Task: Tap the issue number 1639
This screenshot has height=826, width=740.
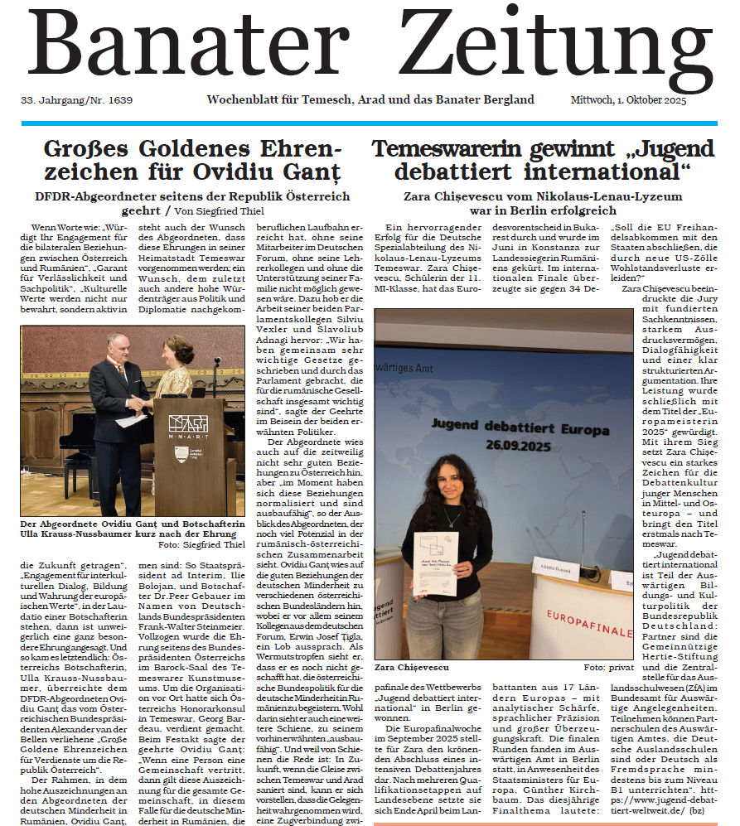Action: (117, 100)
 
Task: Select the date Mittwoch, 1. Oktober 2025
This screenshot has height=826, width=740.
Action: (628, 100)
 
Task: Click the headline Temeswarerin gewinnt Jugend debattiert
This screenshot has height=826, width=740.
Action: (543, 161)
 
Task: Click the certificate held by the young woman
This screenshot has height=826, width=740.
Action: (435, 563)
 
